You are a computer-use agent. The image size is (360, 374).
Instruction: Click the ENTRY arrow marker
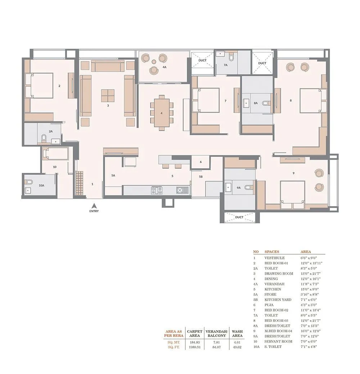coord(94,206)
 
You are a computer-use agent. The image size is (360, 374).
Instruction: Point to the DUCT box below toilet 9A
coord(239,217)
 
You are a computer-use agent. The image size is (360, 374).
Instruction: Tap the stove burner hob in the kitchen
coord(157,190)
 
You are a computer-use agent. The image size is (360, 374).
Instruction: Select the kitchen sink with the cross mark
coord(180,190)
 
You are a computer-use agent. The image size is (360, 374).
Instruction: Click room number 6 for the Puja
coord(201,162)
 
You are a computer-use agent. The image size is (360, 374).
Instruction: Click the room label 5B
coord(201,177)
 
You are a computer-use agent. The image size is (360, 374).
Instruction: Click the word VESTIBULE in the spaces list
coord(274,258)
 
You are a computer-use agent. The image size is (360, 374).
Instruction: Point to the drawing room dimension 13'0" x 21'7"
coord(311,274)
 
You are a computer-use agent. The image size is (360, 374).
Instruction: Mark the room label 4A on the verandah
coord(164,67)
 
